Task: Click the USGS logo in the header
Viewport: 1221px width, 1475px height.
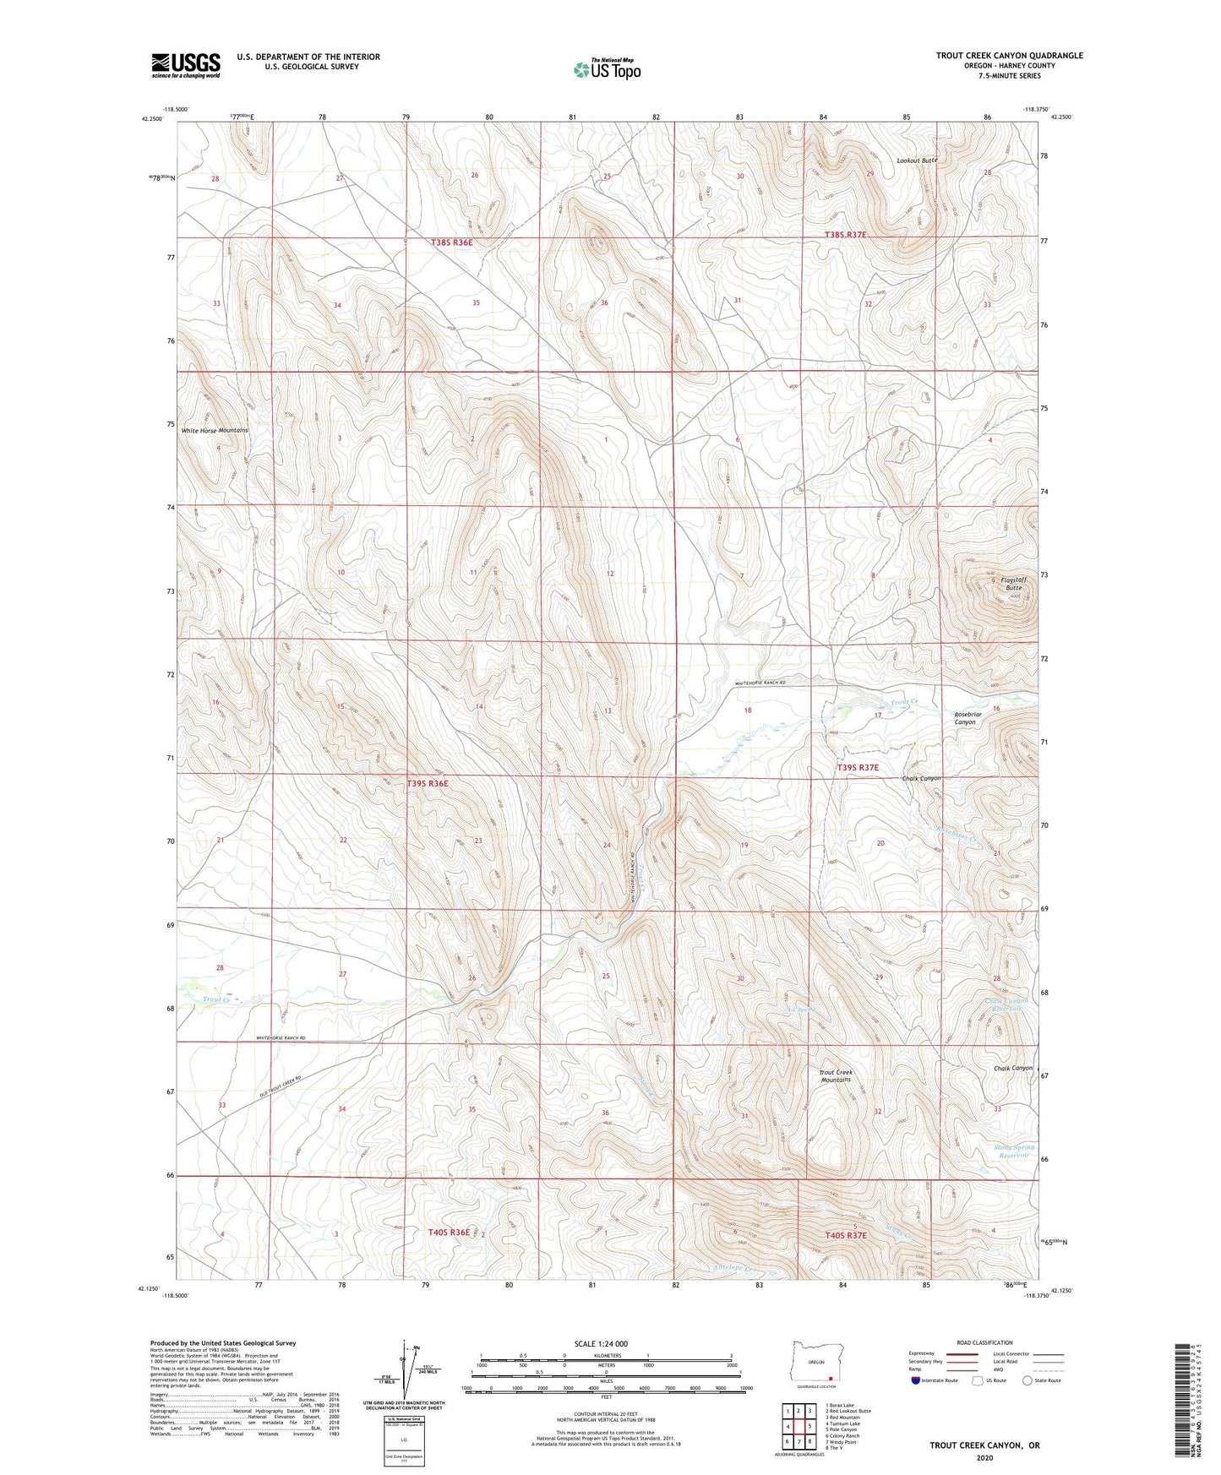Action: tap(186, 65)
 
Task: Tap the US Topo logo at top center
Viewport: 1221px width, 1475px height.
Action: tap(606, 69)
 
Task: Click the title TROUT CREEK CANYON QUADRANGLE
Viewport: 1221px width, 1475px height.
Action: tap(1009, 56)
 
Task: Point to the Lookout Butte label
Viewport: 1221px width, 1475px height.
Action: tap(917, 160)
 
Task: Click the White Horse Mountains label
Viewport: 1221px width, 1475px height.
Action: tap(215, 431)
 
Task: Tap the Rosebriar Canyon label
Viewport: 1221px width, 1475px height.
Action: tap(965, 718)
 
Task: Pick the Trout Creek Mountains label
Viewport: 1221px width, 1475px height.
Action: tap(836, 1076)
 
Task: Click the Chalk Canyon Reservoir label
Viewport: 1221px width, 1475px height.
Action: tap(1006, 1005)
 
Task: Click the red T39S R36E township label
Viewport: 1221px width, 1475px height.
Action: tap(428, 784)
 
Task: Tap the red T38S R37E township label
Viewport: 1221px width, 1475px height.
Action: tap(845, 235)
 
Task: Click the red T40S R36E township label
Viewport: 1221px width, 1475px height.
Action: tap(449, 1233)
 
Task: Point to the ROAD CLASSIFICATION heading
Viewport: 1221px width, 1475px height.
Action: tap(985, 1342)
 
